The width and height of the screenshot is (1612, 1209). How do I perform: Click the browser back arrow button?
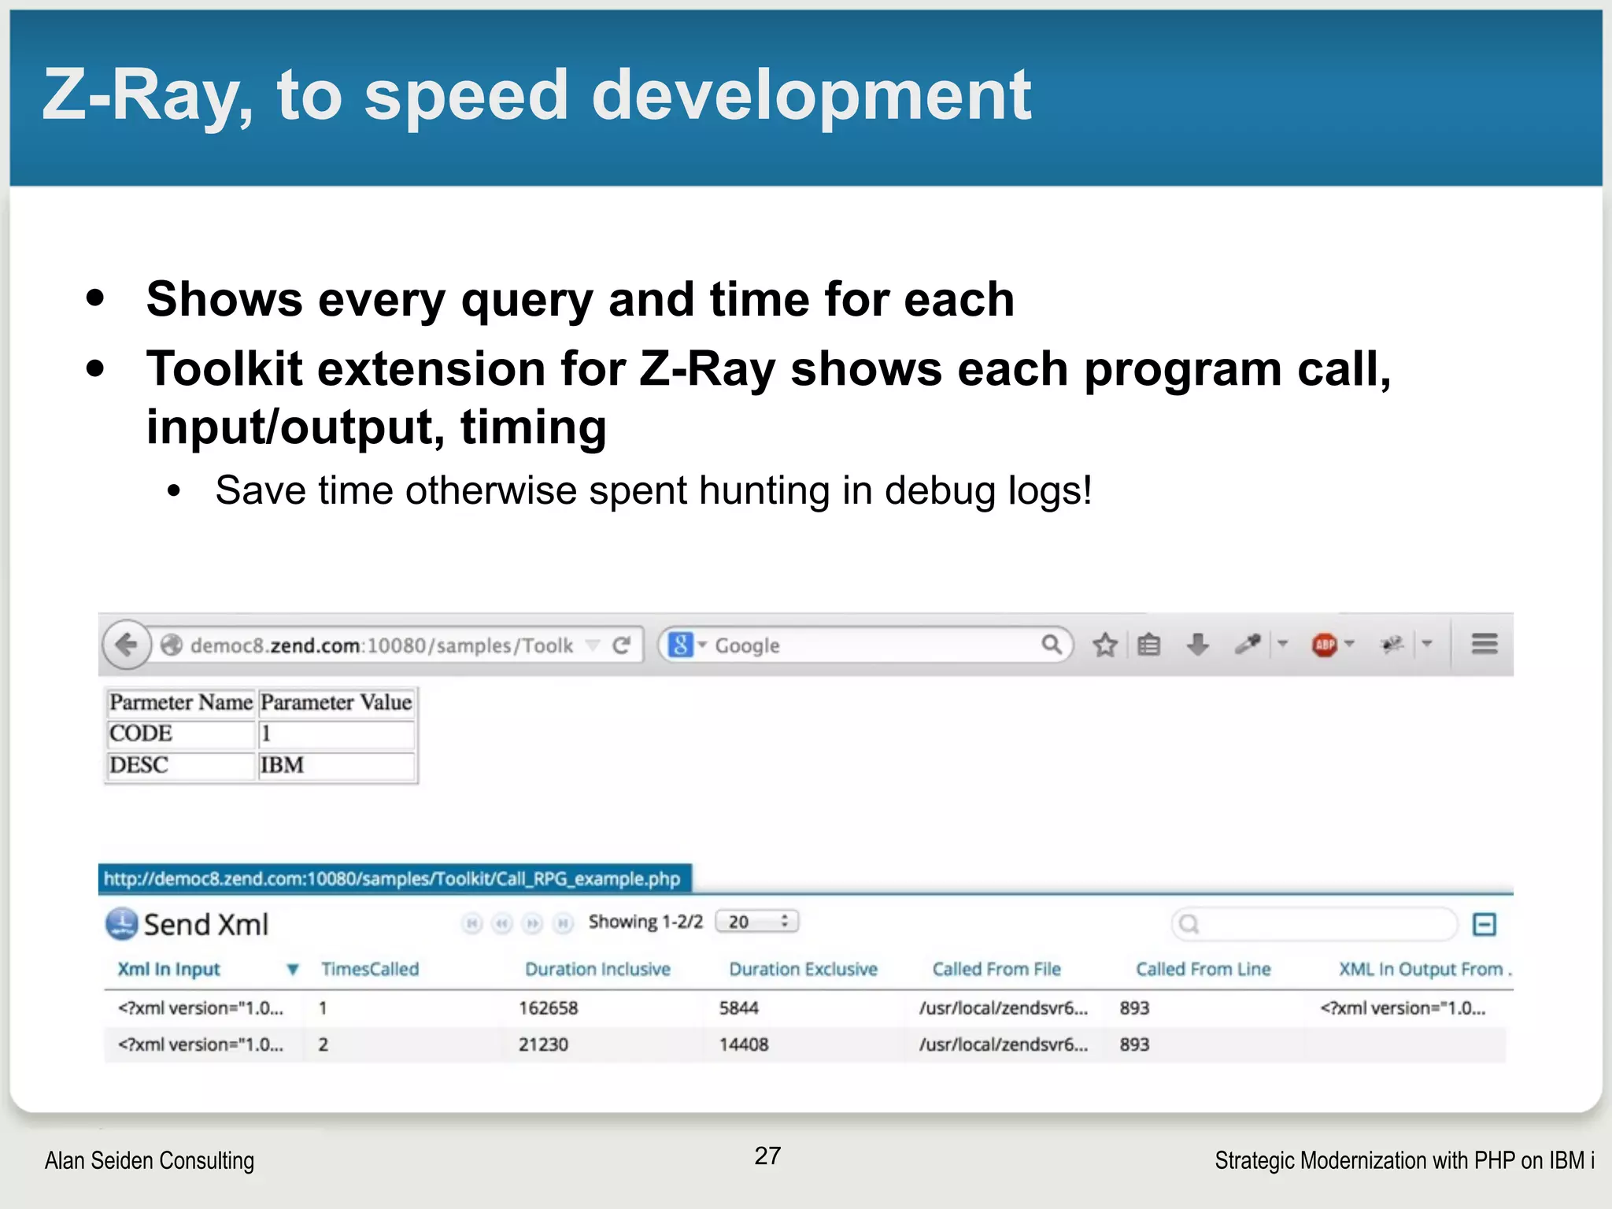pyautogui.click(x=126, y=645)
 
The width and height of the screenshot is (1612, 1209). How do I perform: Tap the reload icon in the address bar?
pyautogui.click(x=622, y=645)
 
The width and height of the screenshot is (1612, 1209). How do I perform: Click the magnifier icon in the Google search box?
pyautogui.click(x=1051, y=645)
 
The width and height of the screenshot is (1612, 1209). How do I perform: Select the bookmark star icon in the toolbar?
pyautogui.click(x=1105, y=645)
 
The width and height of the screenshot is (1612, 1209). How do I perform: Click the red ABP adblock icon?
pyautogui.click(x=1325, y=645)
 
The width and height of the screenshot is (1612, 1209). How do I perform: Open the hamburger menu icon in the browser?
pyautogui.click(x=1484, y=645)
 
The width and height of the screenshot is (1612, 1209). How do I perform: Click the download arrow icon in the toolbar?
pyautogui.click(x=1197, y=645)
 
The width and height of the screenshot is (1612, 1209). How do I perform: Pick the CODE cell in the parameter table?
pyautogui.click(x=141, y=734)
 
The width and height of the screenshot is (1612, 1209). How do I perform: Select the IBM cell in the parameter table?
pyautogui.click(x=282, y=765)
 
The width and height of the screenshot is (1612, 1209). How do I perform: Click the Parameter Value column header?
pyautogui.click(x=336, y=702)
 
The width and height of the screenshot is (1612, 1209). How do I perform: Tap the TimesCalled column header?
pyautogui.click(x=370, y=969)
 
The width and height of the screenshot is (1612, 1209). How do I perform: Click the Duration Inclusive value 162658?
pyautogui.click(x=549, y=1008)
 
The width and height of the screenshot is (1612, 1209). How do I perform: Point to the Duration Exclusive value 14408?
pyautogui.click(x=744, y=1044)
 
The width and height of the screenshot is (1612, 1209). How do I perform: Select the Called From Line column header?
pyautogui.click(x=1203, y=969)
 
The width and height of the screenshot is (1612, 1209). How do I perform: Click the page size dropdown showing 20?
pyautogui.click(x=757, y=922)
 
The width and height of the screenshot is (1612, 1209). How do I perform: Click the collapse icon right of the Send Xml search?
pyautogui.click(x=1484, y=924)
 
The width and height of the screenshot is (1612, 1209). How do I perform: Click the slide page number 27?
pyautogui.click(x=767, y=1155)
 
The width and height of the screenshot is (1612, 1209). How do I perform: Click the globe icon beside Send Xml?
pyautogui.click(x=122, y=924)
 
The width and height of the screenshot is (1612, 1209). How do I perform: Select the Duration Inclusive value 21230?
pyautogui.click(x=543, y=1044)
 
